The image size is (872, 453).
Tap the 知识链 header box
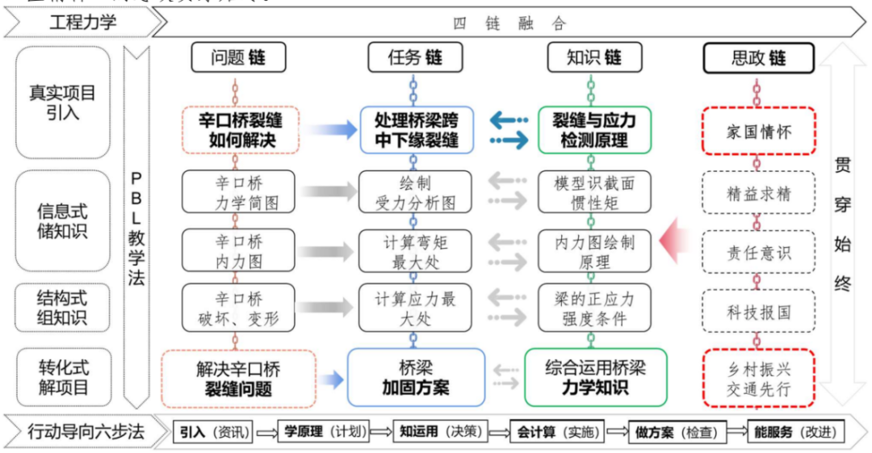[x=594, y=58]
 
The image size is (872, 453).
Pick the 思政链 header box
[x=758, y=58]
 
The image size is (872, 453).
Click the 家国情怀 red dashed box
[x=758, y=132]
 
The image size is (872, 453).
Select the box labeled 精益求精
[x=758, y=194]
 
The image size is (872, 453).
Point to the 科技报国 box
[x=758, y=311]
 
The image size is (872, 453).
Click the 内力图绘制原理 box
[x=594, y=251]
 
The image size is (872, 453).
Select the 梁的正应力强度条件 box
[x=594, y=308]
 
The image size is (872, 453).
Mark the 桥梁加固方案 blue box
[x=415, y=377]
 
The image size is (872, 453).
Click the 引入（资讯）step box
[x=214, y=431]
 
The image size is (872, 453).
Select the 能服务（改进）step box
[x=796, y=431]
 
